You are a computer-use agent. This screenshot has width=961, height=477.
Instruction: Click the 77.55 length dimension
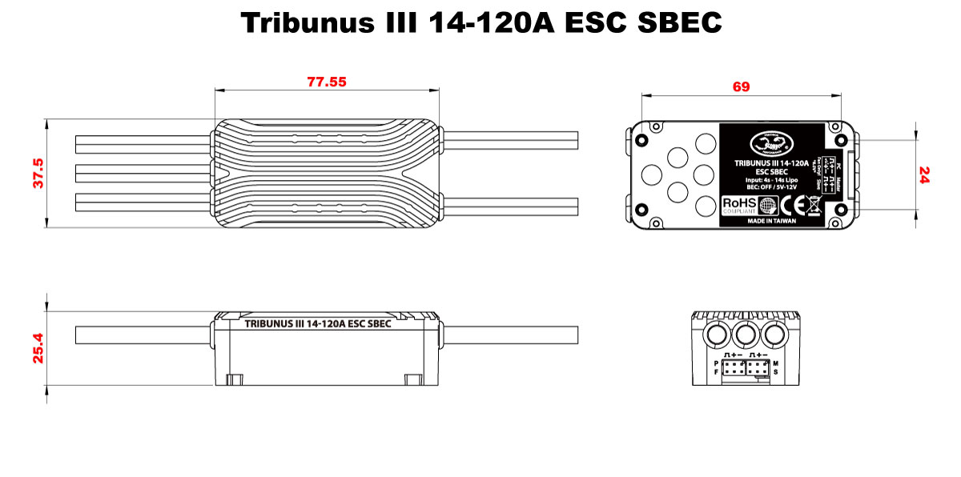[x=327, y=82]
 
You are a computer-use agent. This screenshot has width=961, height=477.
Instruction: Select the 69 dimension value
[x=741, y=86]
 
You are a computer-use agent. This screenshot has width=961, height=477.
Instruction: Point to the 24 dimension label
[x=924, y=175]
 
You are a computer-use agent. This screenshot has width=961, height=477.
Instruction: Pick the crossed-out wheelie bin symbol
[x=813, y=204]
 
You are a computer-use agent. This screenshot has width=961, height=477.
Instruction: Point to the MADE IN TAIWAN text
[x=771, y=220]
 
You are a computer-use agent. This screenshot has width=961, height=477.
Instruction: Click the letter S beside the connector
[x=776, y=372]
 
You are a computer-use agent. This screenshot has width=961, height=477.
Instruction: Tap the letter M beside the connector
[x=776, y=363]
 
